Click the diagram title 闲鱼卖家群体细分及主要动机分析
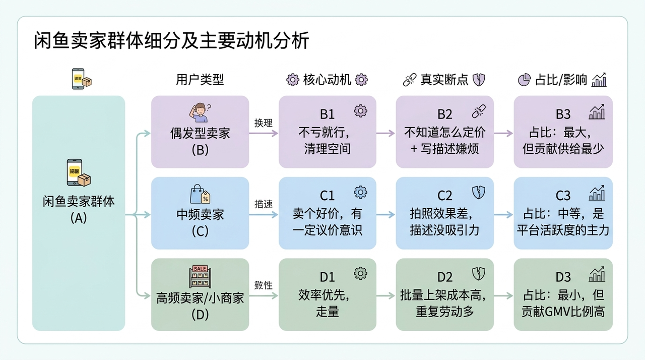pos(171,41)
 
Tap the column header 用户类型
pos(200,80)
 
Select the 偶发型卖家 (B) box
pos(200,132)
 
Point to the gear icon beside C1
pos(360,193)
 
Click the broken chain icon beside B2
pos(478,111)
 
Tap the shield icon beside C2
pos(478,193)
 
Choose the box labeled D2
pos(444,294)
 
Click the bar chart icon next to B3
pos(597,112)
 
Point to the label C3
pos(563,196)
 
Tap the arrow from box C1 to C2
pos(386,214)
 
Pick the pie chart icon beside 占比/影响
pos(524,80)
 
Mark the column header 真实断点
pos(444,80)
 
